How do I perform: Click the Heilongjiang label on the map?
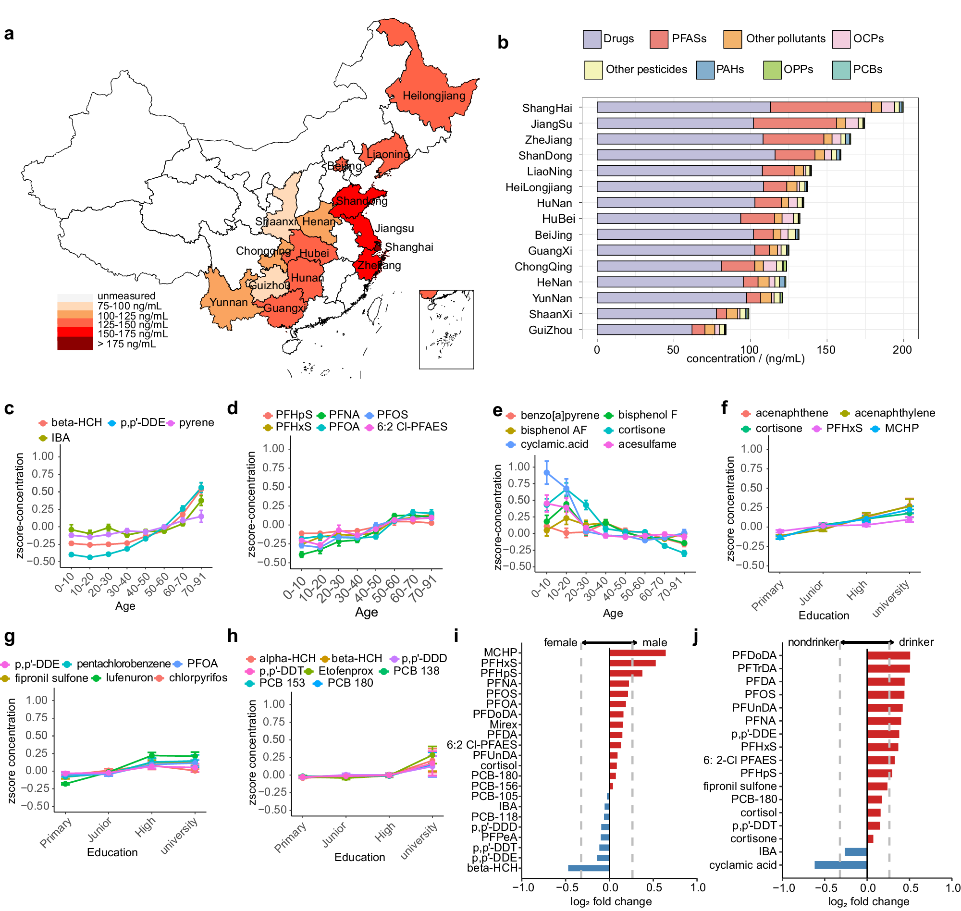click(433, 96)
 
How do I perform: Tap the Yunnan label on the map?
click(228, 302)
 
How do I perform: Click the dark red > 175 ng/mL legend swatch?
click(75, 344)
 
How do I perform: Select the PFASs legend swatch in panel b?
click(658, 39)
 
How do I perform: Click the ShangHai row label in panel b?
click(547, 108)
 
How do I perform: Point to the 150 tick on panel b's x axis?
click(825, 350)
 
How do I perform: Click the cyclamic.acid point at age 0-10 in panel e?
click(547, 472)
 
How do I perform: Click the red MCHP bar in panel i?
click(637, 652)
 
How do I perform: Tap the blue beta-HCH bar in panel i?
click(588, 868)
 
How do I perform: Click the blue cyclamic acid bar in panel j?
click(840, 865)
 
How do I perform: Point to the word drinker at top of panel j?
click(916, 642)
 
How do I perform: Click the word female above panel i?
click(560, 642)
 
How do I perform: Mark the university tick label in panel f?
click(890, 599)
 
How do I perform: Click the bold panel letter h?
click(232, 636)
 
